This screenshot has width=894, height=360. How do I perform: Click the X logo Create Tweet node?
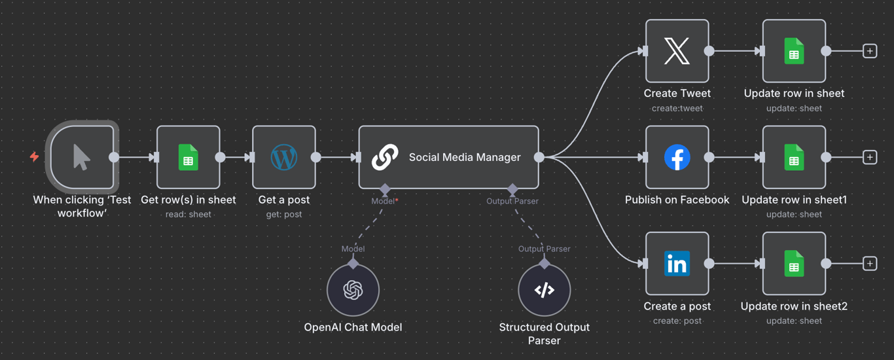677,51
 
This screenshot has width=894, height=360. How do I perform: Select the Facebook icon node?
677,158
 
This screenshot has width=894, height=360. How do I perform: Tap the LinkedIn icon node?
677,264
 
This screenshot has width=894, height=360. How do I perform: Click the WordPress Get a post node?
284,158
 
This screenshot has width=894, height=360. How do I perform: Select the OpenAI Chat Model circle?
353,290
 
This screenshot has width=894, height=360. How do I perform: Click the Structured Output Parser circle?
544,290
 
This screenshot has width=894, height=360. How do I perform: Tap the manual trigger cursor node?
82,158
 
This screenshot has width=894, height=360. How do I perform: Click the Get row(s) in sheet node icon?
188,158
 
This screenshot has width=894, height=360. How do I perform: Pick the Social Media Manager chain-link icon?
385,158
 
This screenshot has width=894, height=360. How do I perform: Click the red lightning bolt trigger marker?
34,156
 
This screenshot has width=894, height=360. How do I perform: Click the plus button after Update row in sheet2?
869,264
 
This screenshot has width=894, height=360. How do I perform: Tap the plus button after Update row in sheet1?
869,158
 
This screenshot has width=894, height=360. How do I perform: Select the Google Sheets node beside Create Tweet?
794,51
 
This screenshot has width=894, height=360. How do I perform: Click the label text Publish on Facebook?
677,200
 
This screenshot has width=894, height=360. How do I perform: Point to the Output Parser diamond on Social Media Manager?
512,189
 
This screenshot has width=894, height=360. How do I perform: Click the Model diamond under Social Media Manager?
385,189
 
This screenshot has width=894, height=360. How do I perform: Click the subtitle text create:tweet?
677,108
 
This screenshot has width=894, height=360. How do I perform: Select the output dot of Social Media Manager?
539,157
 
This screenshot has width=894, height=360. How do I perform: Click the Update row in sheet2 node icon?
794,264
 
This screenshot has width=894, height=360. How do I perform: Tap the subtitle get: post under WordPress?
284,214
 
